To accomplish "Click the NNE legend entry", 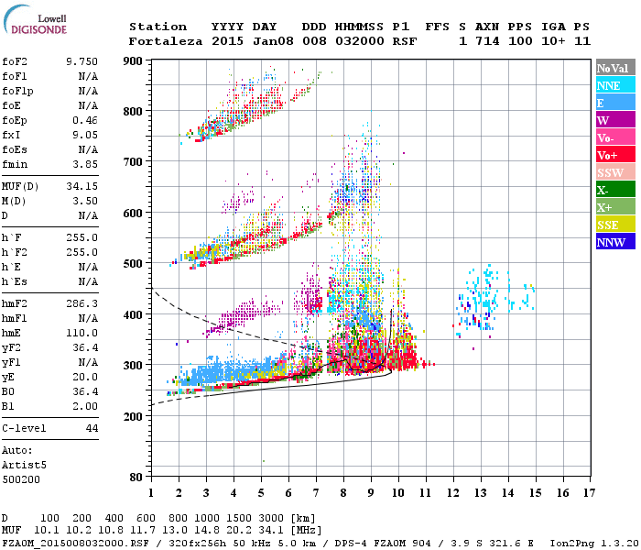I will coord(612,85).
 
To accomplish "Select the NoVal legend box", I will coord(612,68).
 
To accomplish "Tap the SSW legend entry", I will coord(612,172).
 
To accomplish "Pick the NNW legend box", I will coord(612,242).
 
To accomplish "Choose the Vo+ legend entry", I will coord(612,155).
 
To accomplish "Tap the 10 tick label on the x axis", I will coord(397,493).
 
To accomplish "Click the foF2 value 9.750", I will coord(81,60).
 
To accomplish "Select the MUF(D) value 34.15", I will coord(81,186).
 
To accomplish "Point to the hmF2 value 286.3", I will coord(81,302).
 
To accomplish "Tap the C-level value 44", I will coord(92,428).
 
